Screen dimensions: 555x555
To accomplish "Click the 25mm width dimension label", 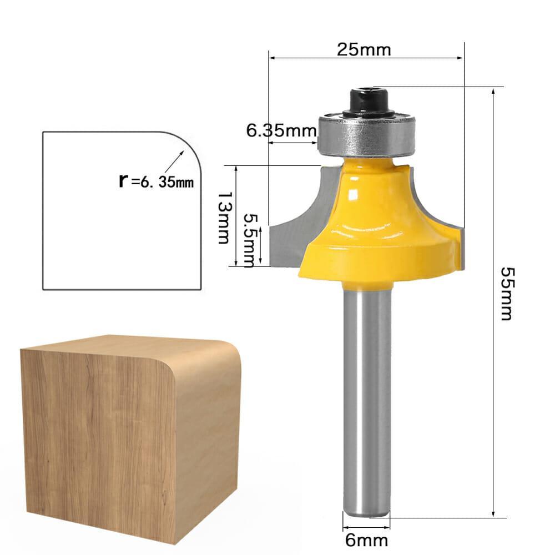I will click(364, 49).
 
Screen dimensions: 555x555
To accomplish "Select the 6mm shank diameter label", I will click(365, 540).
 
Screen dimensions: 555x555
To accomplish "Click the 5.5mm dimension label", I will click(250, 239).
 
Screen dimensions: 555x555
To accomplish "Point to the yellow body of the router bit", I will click(377, 222).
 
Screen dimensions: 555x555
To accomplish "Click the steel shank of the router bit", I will click(366, 400).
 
